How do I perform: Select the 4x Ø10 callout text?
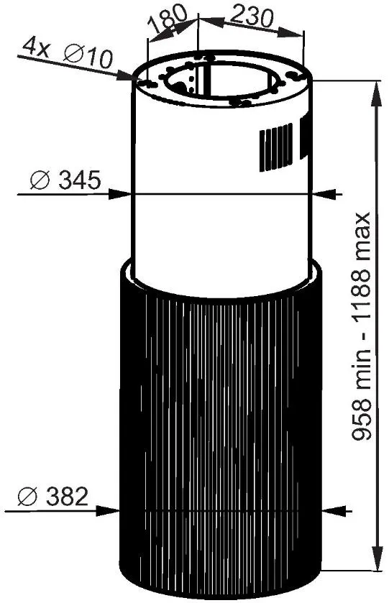(68, 52)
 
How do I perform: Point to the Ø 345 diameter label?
(65, 180)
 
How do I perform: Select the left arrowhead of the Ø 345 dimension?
(119, 194)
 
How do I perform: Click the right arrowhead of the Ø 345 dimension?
(324, 195)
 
